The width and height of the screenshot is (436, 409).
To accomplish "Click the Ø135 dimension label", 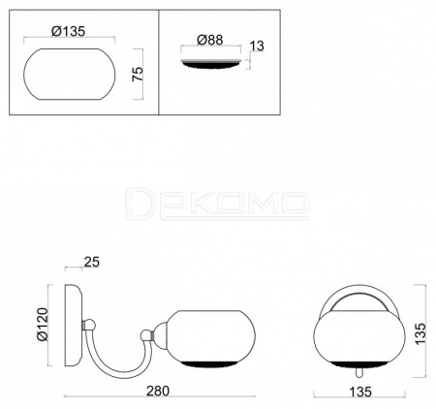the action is pyautogui.click(x=68, y=31).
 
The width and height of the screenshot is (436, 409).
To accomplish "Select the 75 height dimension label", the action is pyautogui.click(x=138, y=74).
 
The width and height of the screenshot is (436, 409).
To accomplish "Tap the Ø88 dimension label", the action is pyautogui.click(x=210, y=40).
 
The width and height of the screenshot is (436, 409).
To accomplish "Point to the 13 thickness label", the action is pyautogui.click(x=257, y=46).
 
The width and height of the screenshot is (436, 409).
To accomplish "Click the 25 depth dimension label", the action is pyautogui.click(x=92, y=262).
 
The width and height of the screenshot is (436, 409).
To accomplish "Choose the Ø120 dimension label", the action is pyautogui.click(x=43, y=325).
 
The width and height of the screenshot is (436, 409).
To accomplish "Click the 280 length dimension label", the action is pyautogui.click(x=158, y=391).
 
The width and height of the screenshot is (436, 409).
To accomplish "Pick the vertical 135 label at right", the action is pyautogui.click(x=420, y=333).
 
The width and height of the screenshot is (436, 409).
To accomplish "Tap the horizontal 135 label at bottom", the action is pyautogui.click(x=360, y=392).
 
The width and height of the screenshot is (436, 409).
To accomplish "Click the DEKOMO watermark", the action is pyautogui.click(x=217, y=204).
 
